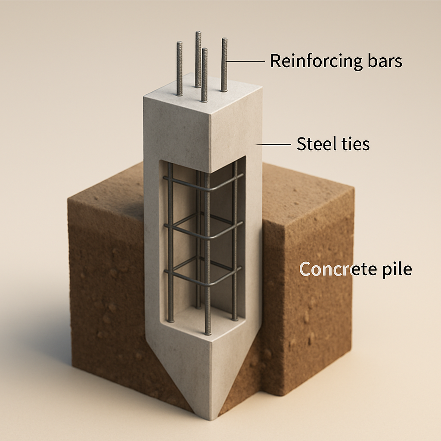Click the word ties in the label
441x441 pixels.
[x=353, y=144]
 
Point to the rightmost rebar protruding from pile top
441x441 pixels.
[x=224, y=65]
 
